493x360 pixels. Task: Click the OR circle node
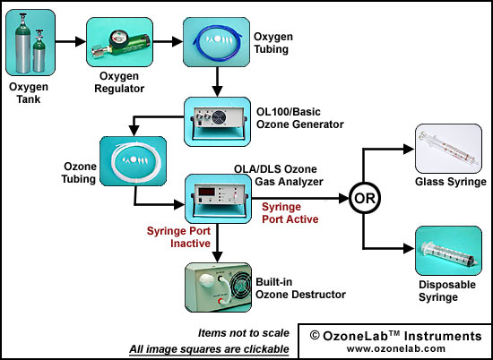point(365,199)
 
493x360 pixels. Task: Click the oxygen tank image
point(30,42)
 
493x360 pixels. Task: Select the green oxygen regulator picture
point(119,42)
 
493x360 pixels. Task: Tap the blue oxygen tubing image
point(217,42)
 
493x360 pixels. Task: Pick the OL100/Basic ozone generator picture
point(217,122)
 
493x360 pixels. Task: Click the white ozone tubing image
point(133,161)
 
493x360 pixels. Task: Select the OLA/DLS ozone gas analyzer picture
point(218,199)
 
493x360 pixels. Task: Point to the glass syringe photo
point(449,149)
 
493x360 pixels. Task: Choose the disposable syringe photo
point(449,251)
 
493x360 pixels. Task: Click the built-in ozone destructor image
point(218,287)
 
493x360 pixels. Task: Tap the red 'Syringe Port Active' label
point(290,212)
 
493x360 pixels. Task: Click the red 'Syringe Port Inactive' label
point(178,236)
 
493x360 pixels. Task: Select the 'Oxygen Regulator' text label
point(119,82)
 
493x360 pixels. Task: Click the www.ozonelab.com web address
point(396,348)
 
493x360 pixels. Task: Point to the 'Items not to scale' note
point(243,333)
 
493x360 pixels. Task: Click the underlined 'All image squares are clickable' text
point(209,349)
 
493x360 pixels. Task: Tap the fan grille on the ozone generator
point(219,118)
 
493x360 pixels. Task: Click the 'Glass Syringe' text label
point(451,182)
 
